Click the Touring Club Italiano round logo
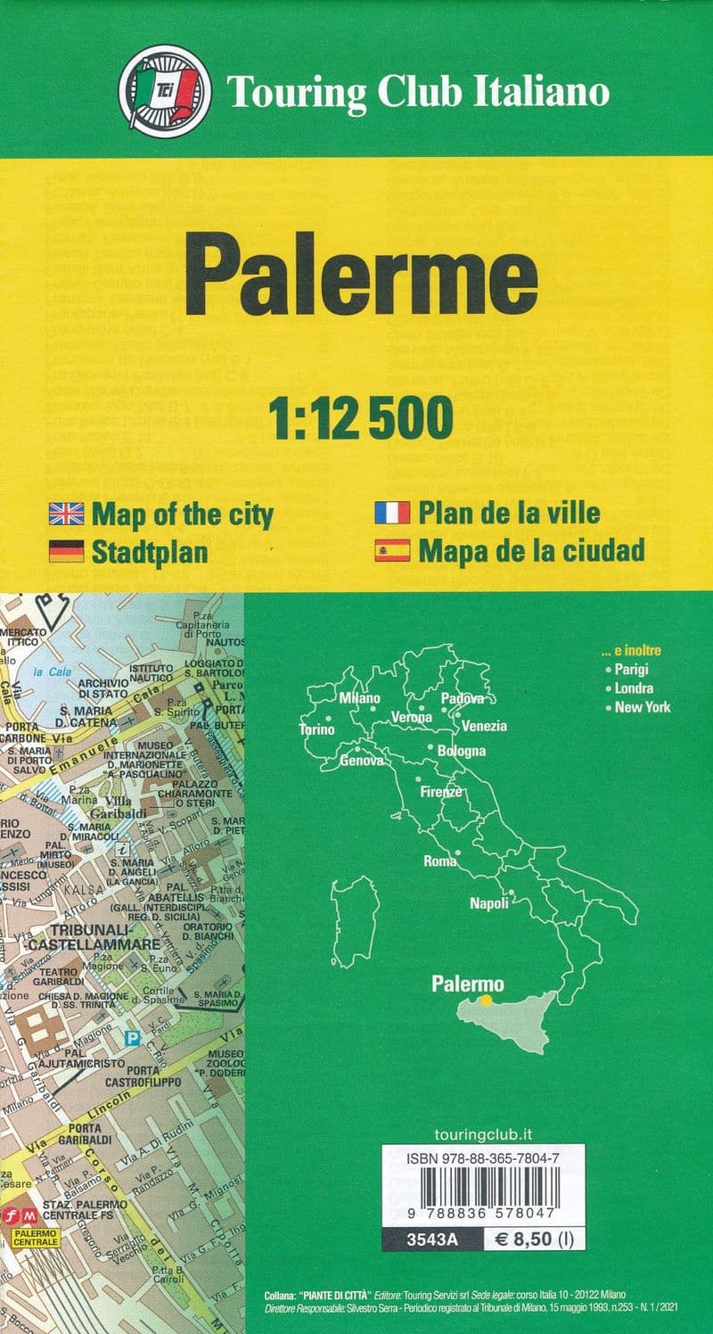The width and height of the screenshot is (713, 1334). coord(165,92)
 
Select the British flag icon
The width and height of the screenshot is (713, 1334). coord(66,514)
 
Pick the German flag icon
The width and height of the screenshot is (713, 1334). coord(66,551)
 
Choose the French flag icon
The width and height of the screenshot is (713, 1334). coord(392,513)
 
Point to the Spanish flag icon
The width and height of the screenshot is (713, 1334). coord(392,550)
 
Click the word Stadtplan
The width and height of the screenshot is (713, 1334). coord(150,551)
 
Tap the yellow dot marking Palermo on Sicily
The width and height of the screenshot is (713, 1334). coord(486,1000)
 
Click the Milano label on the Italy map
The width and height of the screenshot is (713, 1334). coord(359,697)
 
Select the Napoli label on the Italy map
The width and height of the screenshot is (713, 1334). coord(489,903)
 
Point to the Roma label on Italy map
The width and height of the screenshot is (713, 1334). coord(440,861)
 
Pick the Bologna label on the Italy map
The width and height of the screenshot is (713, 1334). coord(462,751)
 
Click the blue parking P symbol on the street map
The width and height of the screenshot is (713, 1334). coord(133,1039)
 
